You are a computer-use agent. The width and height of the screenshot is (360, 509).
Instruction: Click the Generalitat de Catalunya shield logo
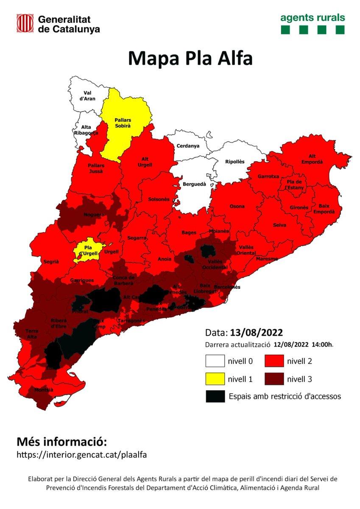[25, 23]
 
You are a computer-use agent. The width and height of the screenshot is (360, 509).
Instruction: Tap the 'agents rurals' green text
[313, 18]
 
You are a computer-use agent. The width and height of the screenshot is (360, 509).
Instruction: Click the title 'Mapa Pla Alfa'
[190, 58]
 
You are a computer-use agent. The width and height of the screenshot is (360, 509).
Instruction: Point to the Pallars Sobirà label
[123, 123]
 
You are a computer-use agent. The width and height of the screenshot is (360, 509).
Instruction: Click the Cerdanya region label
[187, 146]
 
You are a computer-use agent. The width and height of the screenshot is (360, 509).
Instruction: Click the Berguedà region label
[194, 184]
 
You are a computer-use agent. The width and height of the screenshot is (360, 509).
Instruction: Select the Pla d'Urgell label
[88, 250]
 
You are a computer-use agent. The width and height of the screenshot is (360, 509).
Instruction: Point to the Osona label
[237, 207]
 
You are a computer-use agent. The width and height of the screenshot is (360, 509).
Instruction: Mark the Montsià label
[44, 390]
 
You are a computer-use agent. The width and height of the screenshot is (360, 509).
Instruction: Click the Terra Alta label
[32, 334]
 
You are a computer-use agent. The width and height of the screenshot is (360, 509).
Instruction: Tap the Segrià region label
[50, 262]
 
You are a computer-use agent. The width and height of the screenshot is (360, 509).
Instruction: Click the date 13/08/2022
[256, 332]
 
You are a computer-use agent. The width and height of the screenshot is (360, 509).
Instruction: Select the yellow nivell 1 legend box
[215, 379]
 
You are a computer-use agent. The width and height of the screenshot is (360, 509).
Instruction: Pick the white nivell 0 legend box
[215, 361]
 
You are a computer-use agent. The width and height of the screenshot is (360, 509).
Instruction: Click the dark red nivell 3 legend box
[274, 379]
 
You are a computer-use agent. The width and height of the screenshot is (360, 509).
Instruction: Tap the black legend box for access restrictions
[215, 396]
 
